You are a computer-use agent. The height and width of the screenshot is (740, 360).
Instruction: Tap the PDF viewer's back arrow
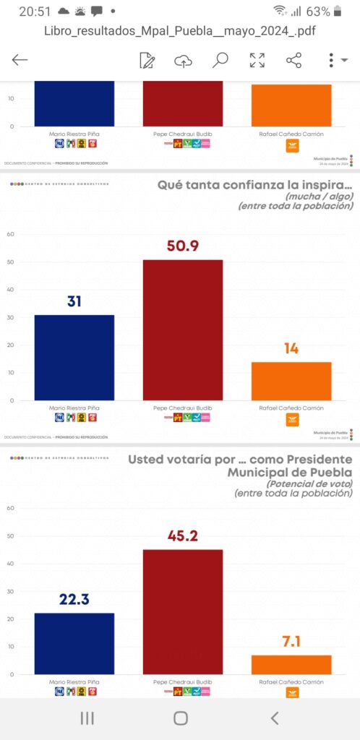(x=20, y=60)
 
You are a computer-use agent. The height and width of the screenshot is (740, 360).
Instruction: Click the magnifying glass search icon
(x=220, y=60)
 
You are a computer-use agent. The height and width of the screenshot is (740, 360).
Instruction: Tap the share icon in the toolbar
(x=293, y=60)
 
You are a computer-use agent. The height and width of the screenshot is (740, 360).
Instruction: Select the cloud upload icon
(x=184, y=60)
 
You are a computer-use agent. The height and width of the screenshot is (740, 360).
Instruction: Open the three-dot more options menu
(x=332, y=60)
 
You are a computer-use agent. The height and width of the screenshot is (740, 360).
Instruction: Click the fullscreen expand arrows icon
(x=257, y=60)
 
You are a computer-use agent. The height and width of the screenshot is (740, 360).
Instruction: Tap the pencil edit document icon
(x=147, y=60)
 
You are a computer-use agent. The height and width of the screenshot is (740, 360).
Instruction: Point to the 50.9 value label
(x=183, y=246)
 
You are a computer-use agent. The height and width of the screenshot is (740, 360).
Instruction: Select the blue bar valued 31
(x=74, y=357)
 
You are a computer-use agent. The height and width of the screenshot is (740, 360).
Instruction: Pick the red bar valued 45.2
(x=183, y=611)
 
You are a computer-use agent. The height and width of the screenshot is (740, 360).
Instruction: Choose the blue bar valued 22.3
(x=74, y=643)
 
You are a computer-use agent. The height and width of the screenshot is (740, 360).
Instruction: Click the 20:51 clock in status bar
(x=34, y=12)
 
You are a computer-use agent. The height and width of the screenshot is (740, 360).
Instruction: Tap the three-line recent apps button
(x=87, y=718)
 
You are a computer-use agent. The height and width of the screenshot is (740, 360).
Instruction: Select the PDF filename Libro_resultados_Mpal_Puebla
(x=179, y=31)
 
